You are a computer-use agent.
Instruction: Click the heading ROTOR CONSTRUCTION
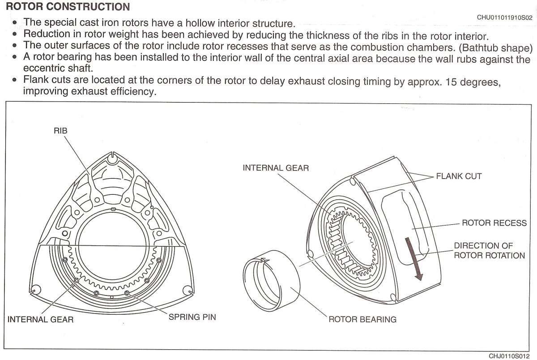click(x=68, y=6)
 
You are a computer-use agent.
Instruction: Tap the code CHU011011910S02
click(x=504, y=17)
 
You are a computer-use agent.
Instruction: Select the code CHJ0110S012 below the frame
click(x=509, y=356)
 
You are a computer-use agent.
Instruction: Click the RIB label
click(x=60, y=131)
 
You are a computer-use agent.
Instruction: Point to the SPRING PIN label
click(x=192, y=317)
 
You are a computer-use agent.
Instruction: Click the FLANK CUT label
click(x=459, y=176)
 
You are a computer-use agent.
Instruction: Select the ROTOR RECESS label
click(x=494, y=223)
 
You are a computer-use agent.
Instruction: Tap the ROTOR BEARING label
click(x=362, y=319)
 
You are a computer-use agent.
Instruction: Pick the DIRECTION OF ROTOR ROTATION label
click(x=489, y=250)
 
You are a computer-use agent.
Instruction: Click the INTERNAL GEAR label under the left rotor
click(x=41, y=319)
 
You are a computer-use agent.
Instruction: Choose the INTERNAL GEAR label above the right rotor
click(x=276, y=168)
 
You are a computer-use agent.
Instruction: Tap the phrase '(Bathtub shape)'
click(x=495, y=48)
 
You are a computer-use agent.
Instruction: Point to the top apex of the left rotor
click(x=112, y=152)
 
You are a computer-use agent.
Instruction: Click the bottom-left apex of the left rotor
click(x=30, y=292)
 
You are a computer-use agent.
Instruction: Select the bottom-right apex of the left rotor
click(x=193, y=292)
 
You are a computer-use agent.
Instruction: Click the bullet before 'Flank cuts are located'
click(x=15, y=80)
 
